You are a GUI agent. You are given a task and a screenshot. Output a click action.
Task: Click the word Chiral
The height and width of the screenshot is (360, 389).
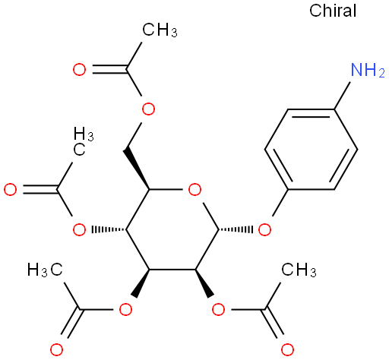(333, 11)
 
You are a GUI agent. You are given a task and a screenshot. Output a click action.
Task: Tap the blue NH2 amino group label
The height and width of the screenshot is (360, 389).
(368, 70)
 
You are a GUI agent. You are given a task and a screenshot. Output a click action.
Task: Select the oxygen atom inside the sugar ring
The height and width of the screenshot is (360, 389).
(194, 190)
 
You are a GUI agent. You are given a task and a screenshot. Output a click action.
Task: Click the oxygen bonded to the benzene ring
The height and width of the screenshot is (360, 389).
(264, 230)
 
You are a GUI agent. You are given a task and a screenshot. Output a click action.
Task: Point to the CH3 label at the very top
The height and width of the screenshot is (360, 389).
(160, 30)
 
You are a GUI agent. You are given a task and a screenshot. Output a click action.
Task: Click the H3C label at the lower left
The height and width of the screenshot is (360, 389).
(45, 269)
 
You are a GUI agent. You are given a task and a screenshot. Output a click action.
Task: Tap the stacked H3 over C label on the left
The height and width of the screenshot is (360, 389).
(84, 141)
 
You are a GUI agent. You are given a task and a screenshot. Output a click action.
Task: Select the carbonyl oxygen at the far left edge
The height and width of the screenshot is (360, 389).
(11, 190)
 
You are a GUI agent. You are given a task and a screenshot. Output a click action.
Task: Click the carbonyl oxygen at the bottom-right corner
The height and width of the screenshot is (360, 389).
(287, 350)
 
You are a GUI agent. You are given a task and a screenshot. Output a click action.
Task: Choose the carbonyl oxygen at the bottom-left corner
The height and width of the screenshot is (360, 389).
(56, 350)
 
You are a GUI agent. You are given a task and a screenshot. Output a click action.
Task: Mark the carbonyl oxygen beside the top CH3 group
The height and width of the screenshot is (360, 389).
(80, 70)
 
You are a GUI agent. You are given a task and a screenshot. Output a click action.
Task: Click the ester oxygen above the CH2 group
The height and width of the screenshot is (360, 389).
(148, 109)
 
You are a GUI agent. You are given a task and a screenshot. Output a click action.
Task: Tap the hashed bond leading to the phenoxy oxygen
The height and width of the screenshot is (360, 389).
(236, 229)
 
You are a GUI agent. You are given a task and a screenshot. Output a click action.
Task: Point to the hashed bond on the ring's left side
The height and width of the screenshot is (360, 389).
(109, 229)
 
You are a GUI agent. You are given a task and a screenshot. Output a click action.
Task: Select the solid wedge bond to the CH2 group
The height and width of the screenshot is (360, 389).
(137, 169)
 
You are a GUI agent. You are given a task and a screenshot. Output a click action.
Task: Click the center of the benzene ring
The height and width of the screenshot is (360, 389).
(311, 150)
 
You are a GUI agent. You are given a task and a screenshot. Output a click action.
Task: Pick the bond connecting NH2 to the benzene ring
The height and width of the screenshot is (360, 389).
(343, 96)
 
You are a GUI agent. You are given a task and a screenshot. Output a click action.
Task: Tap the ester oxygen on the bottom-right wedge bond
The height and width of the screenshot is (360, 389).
(218, 309)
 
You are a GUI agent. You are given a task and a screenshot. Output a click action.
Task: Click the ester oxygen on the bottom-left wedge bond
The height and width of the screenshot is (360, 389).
(126, 309)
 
